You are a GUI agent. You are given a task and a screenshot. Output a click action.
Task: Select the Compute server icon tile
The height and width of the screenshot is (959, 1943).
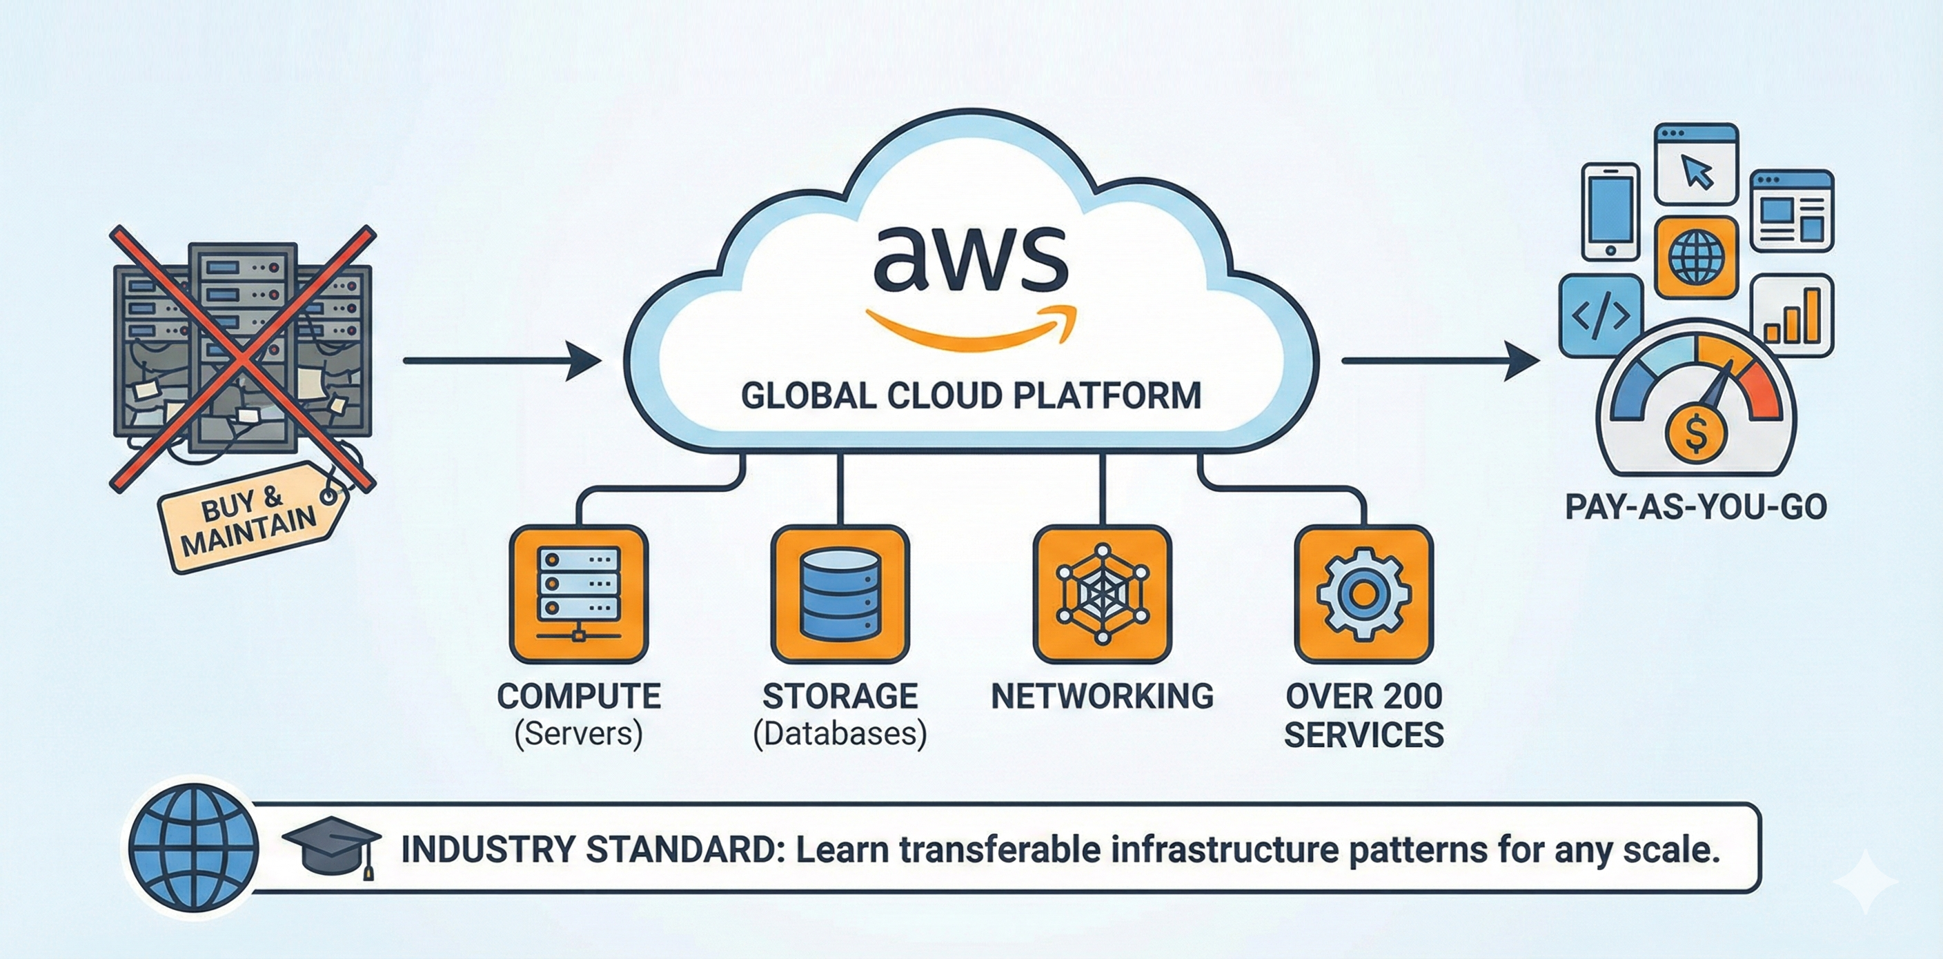578,594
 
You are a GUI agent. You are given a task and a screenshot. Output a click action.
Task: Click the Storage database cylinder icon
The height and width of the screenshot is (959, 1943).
840,594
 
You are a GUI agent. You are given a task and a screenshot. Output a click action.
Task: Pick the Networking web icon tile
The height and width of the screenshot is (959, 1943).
1101,594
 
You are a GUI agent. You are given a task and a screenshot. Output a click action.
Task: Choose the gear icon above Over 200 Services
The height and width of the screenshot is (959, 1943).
1363,594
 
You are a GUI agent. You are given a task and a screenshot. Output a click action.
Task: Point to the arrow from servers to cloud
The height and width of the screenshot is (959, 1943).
502,360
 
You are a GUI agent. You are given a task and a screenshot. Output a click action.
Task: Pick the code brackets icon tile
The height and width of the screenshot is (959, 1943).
1601,316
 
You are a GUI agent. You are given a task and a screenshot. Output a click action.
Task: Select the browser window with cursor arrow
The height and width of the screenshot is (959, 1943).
1695,164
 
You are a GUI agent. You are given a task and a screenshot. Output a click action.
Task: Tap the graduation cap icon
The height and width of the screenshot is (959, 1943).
332,846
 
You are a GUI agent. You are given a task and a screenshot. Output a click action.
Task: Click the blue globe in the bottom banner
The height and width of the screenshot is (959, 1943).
194,848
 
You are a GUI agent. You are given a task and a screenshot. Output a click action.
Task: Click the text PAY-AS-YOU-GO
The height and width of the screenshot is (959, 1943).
1695,506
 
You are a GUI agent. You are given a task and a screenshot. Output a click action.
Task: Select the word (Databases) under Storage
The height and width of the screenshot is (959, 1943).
840,733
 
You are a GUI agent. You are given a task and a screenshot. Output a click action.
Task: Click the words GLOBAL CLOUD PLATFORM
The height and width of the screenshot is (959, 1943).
971,396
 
